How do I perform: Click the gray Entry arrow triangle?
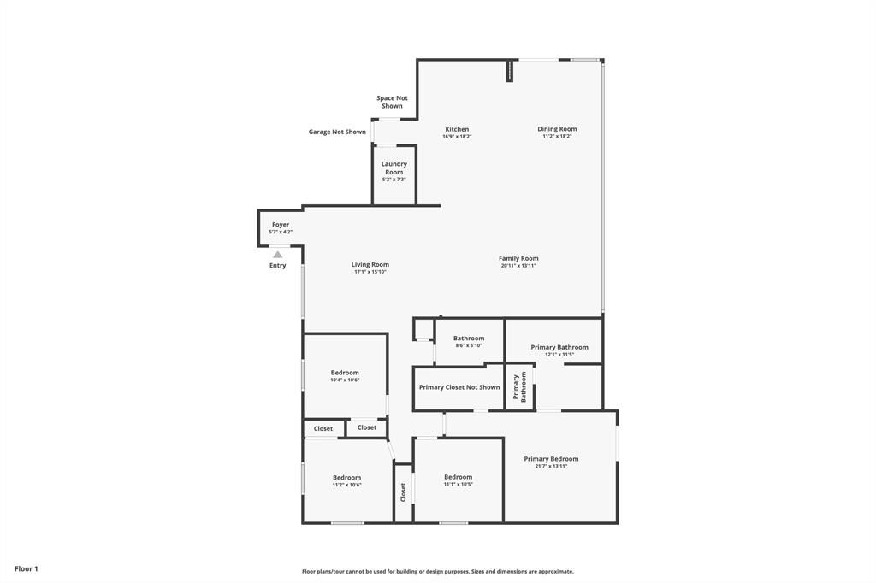(x=278, y=255)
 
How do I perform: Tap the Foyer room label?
(x=281, y=225)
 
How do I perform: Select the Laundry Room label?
(x=394, y=168)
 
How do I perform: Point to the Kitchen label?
(x=457, y=129)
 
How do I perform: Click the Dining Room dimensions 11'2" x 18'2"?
(x=557, y=136)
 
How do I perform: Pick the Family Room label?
(x=518, y=258)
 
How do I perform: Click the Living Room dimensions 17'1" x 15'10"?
(x=370, y=271)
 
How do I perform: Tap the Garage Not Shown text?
(x=337, y=132)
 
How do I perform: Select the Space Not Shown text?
(x=392, y=102)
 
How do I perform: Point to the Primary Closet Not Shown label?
(x=459, y=387)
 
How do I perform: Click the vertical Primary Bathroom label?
(x=519, y=387)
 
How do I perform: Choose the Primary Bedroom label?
(x=552, y=458)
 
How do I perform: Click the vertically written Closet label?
(x=404, y=492)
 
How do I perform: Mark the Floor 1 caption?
(x=27, y=569)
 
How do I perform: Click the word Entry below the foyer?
(x=278, y=265)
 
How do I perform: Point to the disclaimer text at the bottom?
(x=438, y=571)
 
